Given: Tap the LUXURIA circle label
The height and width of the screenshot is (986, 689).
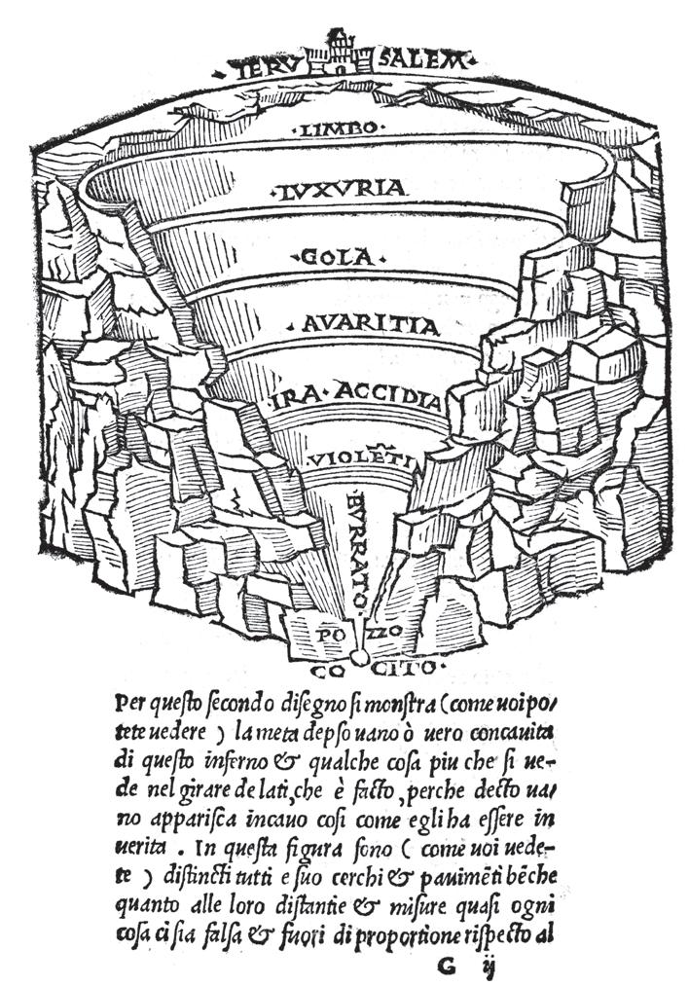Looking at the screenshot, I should coord(339,188).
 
